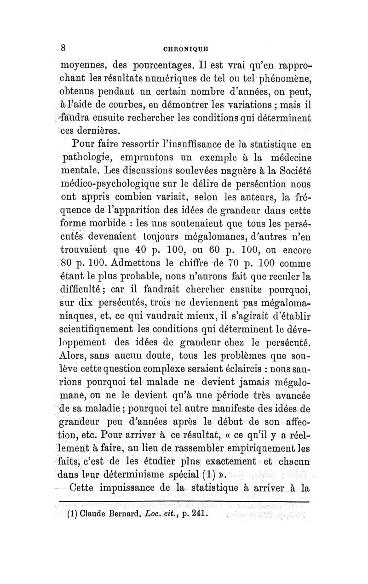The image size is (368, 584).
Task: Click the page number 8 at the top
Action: [x=64, y=48]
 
